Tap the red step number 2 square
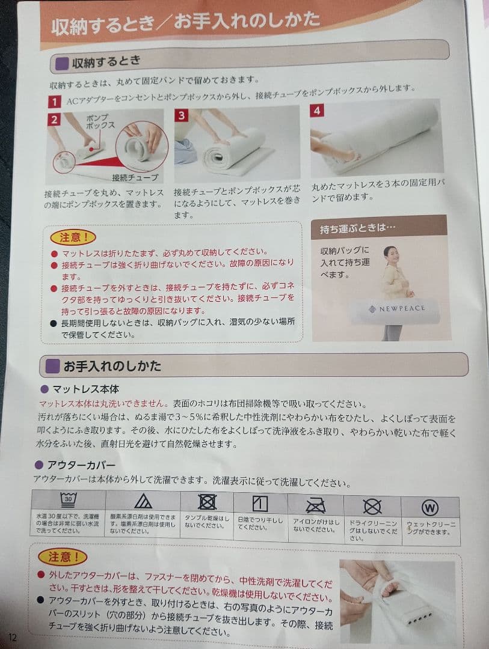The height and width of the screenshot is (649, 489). tap(55, 119)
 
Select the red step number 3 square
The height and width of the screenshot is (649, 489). tap(181, 115)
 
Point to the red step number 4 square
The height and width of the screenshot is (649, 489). tap(317, 110)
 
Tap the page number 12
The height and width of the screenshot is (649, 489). tap(13, 636)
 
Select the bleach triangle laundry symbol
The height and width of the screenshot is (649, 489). tap(143, 501)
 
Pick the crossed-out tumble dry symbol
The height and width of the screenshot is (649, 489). tap(208, 502)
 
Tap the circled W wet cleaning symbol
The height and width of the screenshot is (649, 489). tap(429, 508)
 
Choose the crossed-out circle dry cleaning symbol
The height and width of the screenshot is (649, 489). tap(372, 507)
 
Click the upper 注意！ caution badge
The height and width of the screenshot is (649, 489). tap(73, 237)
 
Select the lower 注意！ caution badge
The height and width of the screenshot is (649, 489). tap(63, 557)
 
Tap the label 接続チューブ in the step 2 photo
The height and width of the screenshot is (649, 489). tap(135, 177)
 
